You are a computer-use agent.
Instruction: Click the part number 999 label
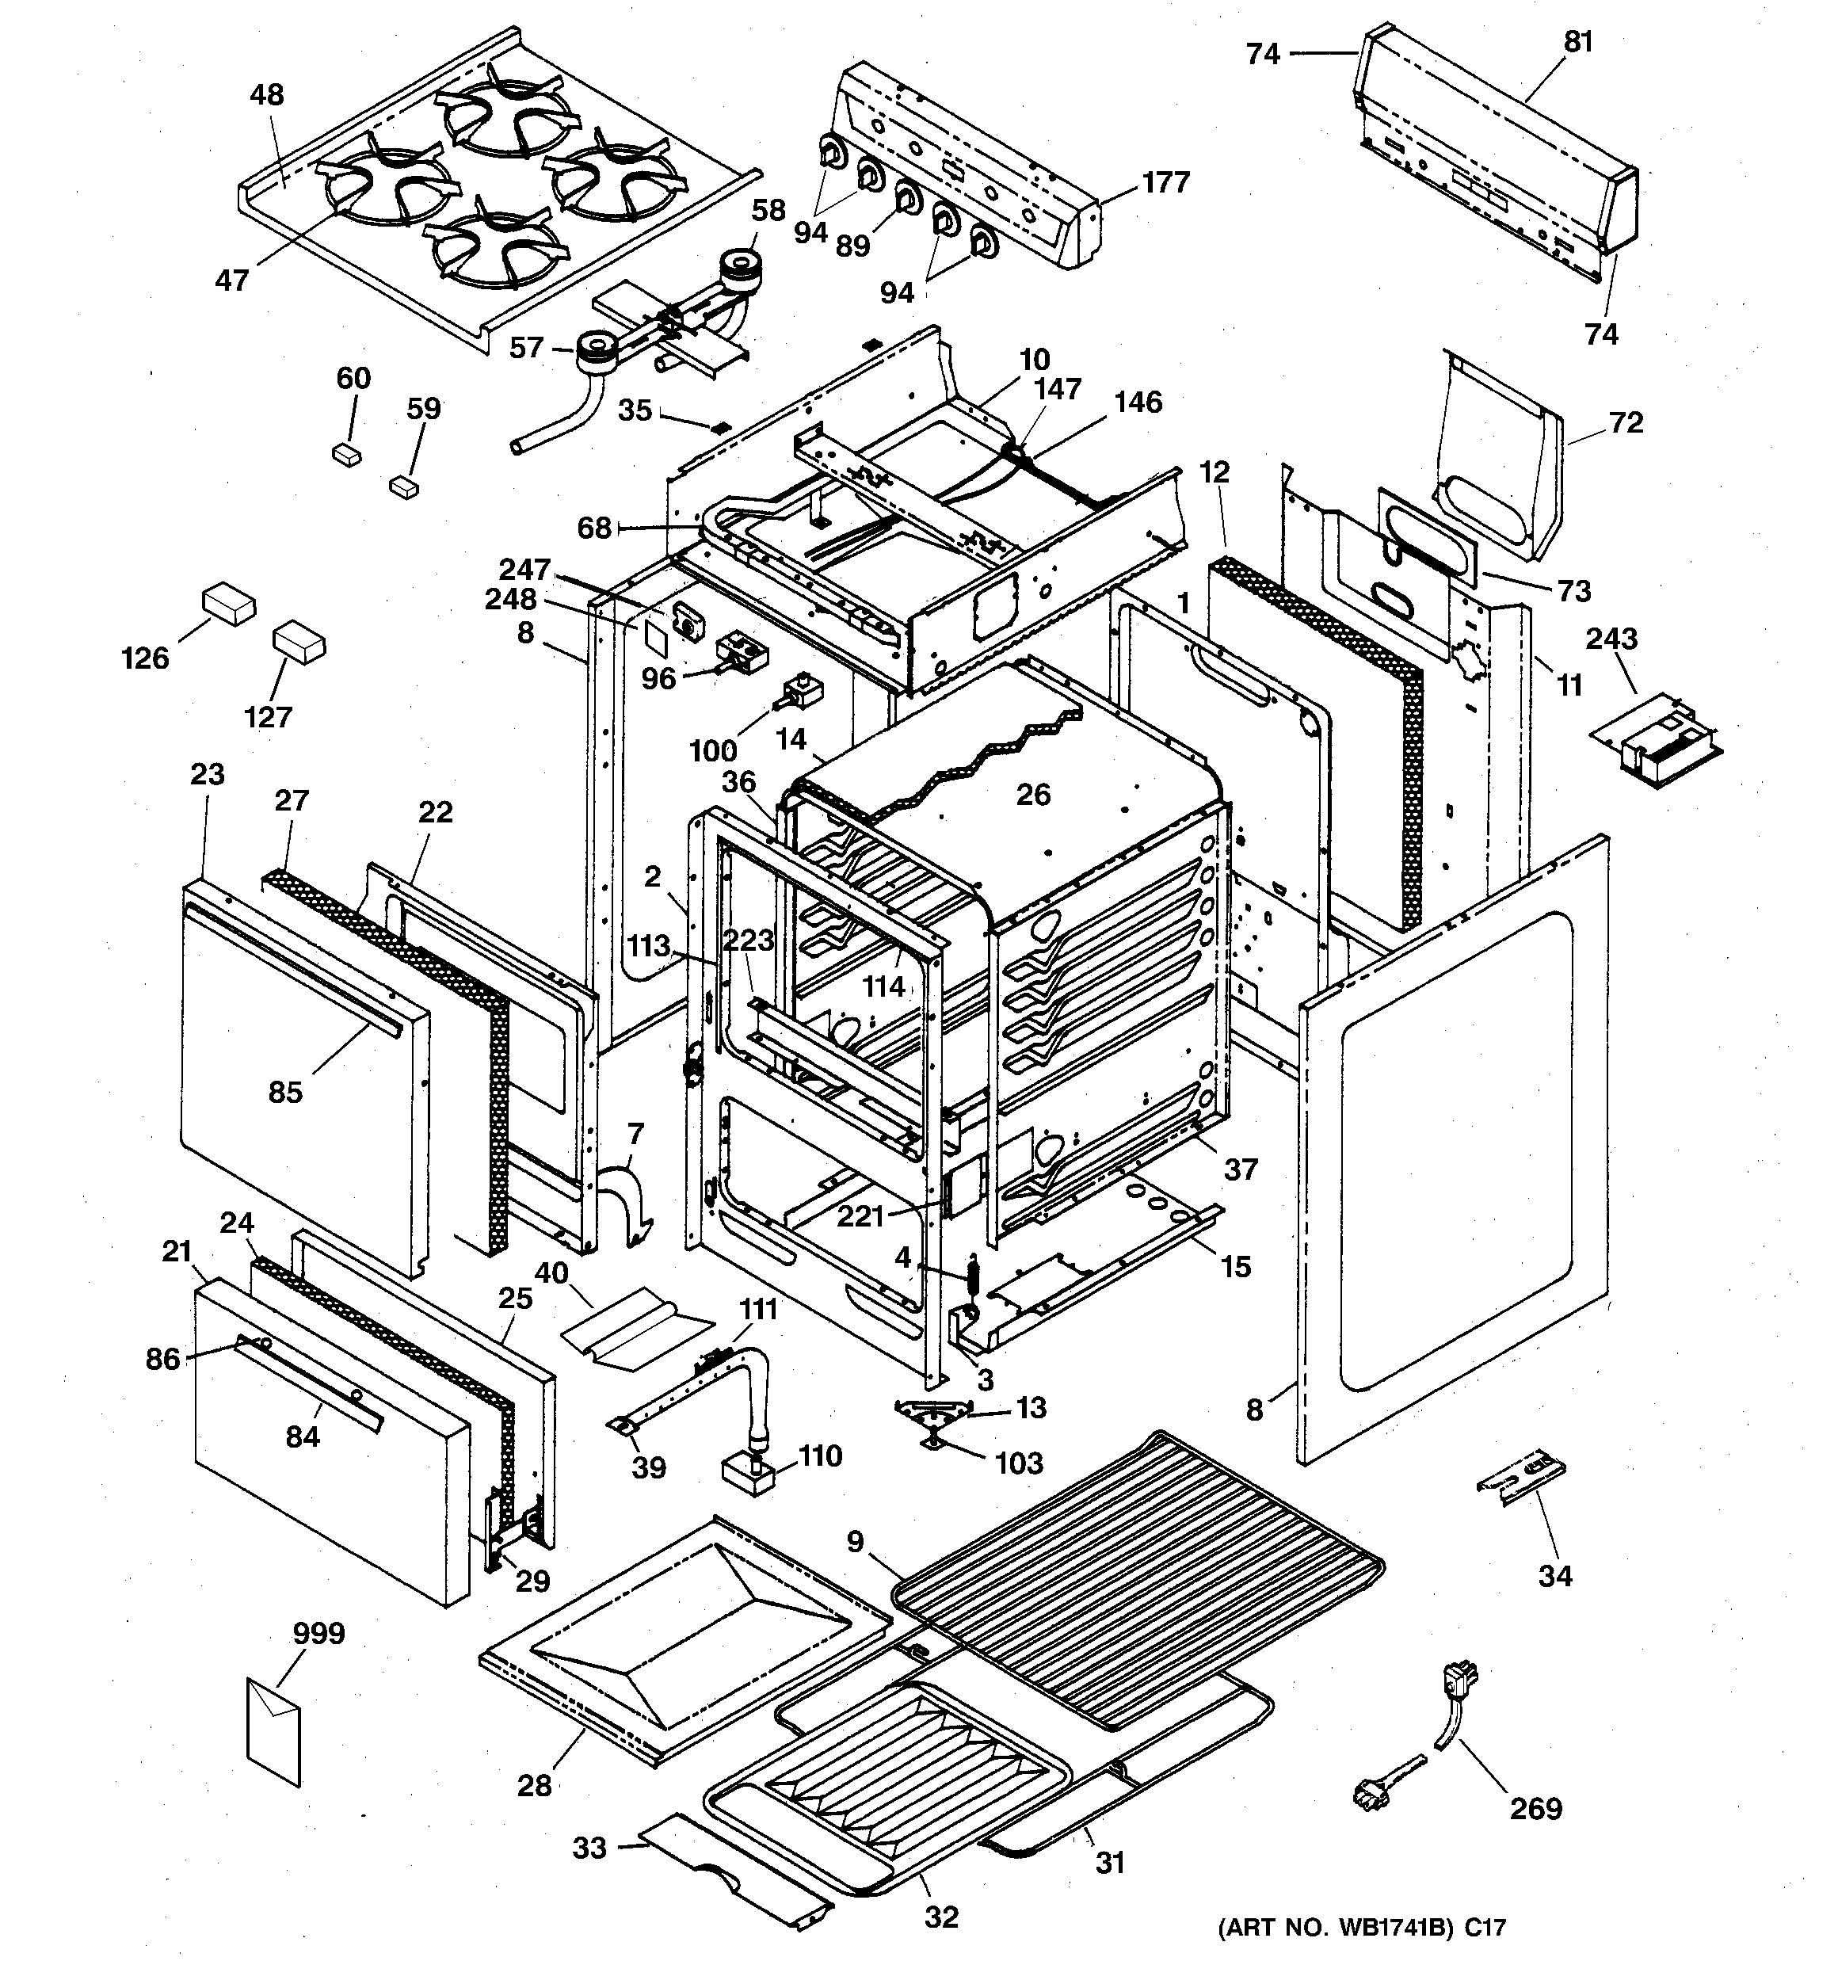(x=318, y=1634)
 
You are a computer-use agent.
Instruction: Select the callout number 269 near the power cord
(x=1535, y=1808)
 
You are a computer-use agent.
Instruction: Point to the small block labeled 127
(x=299, y=643)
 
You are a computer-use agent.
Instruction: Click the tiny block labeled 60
(x=346, y=454)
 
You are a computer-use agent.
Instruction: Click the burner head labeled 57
(x=596, y=349)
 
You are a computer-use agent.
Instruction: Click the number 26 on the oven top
(x=1033, y=794)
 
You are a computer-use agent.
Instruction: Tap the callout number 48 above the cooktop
(x=266, y=95)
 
